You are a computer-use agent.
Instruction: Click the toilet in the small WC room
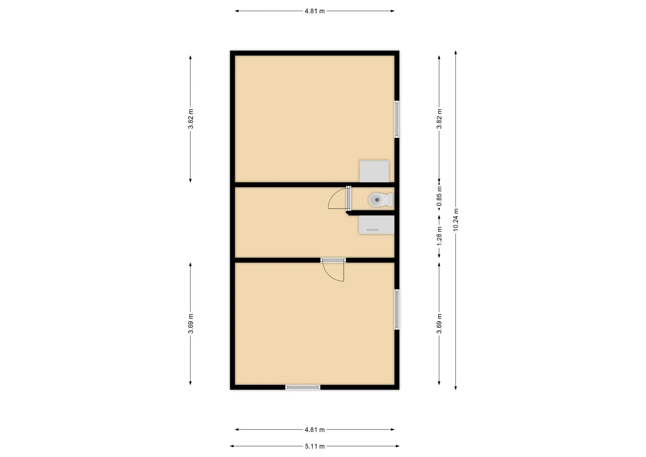pos(381,200)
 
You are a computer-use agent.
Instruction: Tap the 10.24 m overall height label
pos(456,220)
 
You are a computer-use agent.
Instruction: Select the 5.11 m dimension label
pos(315,447)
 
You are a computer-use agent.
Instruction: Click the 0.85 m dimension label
pos(439,197)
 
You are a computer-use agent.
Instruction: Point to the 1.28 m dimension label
pos(439,236)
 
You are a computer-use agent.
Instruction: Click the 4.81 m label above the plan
pos(315,11)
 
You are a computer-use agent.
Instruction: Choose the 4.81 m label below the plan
pos(315,430)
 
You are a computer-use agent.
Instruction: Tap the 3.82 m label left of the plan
pos(190,119)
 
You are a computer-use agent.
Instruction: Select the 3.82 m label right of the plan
pos(439,119)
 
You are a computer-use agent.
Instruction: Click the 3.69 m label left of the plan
pos(190,324)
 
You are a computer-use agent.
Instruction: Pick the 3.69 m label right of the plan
pos(439,324)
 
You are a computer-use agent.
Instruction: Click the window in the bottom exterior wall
pos(303,387)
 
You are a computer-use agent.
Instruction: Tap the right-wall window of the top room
pos(397,119)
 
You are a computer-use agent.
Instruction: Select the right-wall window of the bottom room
pos(397,310)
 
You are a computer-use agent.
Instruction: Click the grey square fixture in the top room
pos(374,172)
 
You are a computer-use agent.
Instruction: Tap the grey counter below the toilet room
pos(376,225)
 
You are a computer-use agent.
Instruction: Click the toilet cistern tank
pos(390,200)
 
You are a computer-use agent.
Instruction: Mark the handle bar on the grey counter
pos(372,230)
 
